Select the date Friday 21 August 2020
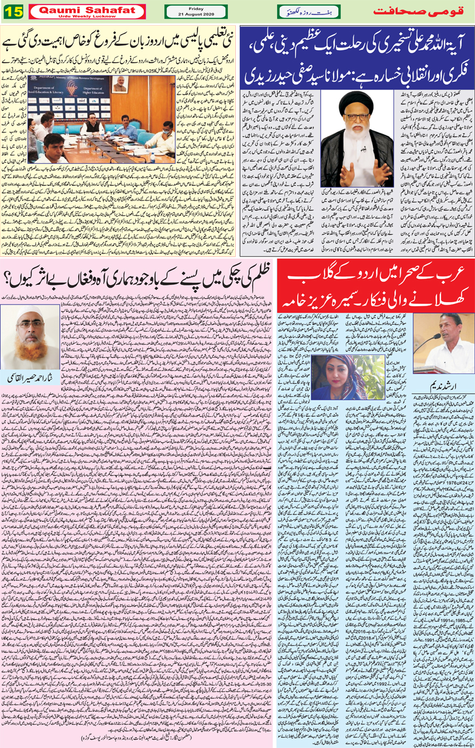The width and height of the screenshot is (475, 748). pyautogui.click(x=196, y=11)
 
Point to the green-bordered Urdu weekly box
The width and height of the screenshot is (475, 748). pyautogui.click(x=307, y=11)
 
